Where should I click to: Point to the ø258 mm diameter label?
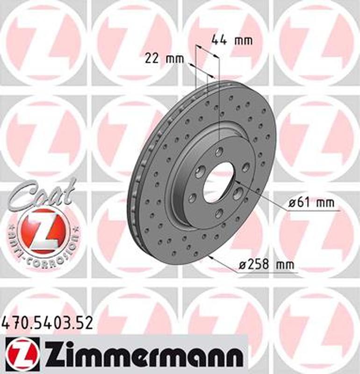[266, 265]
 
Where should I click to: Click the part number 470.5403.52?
[47, 323]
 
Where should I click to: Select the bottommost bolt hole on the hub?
[219, 214]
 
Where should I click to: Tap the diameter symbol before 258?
[242, 265]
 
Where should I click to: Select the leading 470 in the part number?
[15, 323]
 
